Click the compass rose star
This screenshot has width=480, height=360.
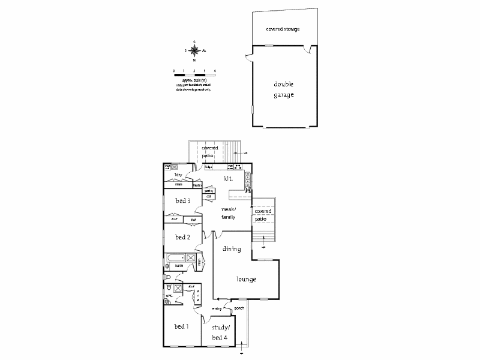194,50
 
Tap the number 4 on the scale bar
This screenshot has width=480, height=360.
214,71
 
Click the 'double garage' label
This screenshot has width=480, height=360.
284,89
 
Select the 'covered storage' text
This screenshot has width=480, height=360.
283,29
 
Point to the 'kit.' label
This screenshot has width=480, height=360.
228,179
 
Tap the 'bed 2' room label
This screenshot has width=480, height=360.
183,237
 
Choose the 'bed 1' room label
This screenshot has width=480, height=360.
182,326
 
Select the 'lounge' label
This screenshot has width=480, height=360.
246,279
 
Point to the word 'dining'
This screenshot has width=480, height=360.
232,248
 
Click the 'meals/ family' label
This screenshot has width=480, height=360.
229,212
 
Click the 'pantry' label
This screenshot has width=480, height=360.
209,191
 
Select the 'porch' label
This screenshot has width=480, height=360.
239,308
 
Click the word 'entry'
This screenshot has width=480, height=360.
217,308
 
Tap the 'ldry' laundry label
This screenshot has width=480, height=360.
178,175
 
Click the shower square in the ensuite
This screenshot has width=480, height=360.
178,289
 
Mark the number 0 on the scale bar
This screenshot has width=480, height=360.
174,71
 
